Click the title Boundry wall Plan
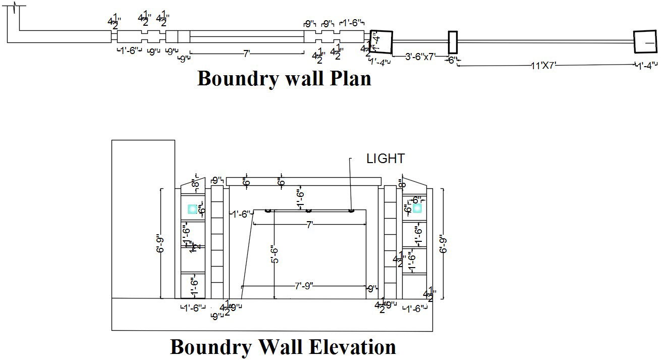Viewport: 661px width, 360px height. [284, 79]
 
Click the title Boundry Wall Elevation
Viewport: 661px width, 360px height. [283, 347]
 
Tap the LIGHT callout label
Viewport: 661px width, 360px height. [385, 159]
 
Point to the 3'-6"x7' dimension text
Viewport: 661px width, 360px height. [420, 57]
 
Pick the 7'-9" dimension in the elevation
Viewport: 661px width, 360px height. [304, 286]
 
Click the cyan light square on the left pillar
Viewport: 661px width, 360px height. [192, 209]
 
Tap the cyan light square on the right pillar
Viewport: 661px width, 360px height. [417, 208]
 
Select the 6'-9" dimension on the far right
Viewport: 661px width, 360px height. [444, 243]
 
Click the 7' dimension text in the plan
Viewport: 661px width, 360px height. [247, 53]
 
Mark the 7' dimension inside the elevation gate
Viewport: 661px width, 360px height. [309, 225]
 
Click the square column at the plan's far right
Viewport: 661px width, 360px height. [645, 42]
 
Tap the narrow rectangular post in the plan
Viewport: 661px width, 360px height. [453, 42]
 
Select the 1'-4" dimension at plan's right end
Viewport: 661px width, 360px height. [647, 65]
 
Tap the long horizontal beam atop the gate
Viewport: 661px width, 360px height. [303, 181]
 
